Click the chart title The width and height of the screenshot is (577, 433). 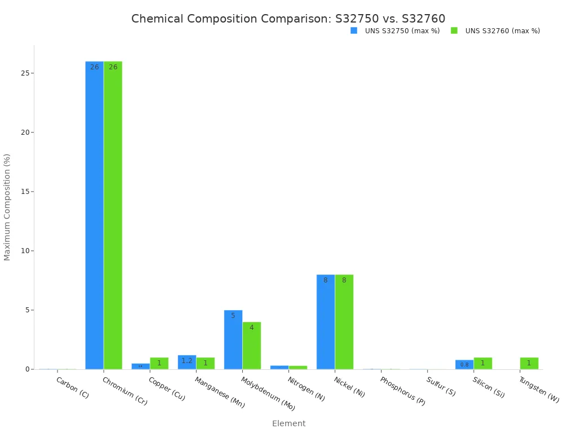tap(288, 19)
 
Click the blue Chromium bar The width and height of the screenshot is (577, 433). tap(95, 214)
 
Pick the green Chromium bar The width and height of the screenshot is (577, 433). tap(113, 214)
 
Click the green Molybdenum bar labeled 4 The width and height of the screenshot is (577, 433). tap(252, 346)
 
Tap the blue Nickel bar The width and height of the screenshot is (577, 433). tap(326, 321)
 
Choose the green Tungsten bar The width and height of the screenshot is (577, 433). tap(529, 363)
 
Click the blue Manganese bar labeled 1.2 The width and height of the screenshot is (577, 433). tap(187, 362)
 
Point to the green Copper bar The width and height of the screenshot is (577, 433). tap(159, 363)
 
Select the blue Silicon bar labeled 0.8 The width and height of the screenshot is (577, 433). tap(464, 364)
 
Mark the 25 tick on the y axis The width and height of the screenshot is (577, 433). tap(26, 73)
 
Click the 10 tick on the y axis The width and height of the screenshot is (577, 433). tap(26, 251)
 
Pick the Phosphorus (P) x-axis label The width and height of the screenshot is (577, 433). tap(402, 391)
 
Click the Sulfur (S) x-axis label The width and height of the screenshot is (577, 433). tap(441, 386)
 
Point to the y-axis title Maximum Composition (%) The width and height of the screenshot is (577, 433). tap(7, 207)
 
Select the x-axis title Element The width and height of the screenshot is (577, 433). tap(288, 423)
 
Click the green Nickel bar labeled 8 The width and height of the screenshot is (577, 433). tap(344, 321)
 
